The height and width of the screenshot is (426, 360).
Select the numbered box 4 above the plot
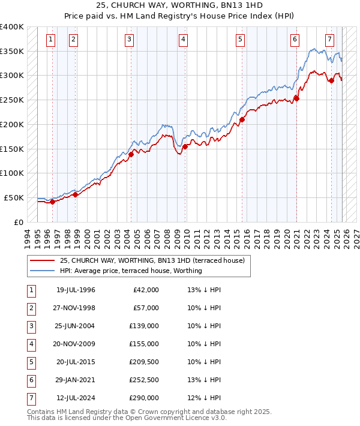[182, 40]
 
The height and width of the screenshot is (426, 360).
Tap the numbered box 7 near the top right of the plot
[329, 40]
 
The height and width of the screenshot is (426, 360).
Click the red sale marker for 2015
[242, 119]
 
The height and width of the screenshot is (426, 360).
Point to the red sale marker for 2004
[131, 154]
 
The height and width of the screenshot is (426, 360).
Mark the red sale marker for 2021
[296, 98]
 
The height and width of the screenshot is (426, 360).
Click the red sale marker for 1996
[52, 202]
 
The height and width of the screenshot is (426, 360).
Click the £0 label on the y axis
[18, 222]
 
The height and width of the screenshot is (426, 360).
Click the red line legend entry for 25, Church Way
[152, 261]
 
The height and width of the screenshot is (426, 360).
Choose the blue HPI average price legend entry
[130, 271]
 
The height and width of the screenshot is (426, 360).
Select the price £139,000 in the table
[144, 326]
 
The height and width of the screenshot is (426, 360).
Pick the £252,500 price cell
[144, 380]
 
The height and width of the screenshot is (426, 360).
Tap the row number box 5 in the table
[30, 362]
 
